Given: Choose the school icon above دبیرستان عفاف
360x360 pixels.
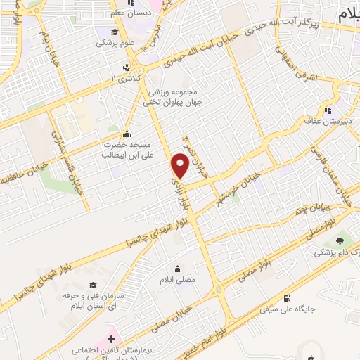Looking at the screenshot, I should pos(328,110).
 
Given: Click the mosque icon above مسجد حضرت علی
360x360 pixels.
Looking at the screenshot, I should pos(127,134).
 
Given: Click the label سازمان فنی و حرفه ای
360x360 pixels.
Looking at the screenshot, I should pos(92,290).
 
